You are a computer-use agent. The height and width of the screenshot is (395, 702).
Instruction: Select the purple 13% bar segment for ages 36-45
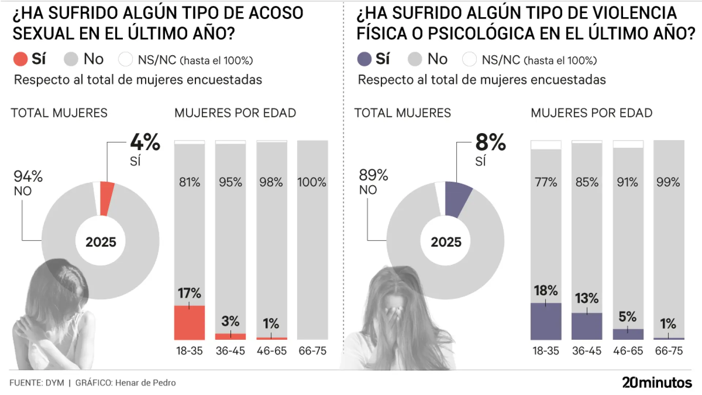point(586,327)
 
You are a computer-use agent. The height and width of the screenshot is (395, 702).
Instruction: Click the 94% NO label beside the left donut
point(28,183)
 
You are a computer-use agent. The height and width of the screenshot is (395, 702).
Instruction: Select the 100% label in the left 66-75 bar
point(312,182)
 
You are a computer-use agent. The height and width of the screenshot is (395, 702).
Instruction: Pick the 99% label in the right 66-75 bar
point(668,182)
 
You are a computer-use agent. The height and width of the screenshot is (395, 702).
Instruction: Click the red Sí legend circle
point(20,59)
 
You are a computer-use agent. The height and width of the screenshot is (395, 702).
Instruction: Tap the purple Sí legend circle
point(364,59)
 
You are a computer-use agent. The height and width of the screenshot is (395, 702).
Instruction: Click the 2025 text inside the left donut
point(101,242)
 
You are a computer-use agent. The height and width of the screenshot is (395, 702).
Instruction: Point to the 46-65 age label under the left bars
point(271,351)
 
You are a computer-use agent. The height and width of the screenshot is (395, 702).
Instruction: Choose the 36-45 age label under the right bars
point(586,351)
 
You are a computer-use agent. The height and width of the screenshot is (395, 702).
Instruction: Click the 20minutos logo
point(657,383)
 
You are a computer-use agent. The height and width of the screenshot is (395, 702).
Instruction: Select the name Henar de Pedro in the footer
point(145,383)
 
